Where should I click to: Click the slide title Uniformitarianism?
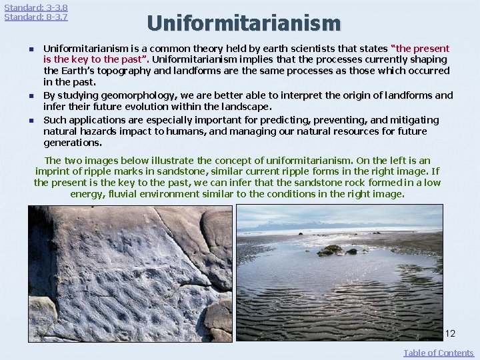click(x=244, y=23)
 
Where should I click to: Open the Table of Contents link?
click(x=438, y=353)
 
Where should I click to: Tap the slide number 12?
click(x=450, y=333)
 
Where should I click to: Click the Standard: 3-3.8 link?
click(x=36, y=7)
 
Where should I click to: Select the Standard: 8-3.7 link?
click(x=36, y=17)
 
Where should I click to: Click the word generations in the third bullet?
click(x=73, y=143)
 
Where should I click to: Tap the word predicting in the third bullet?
click(x=277, y=120)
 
